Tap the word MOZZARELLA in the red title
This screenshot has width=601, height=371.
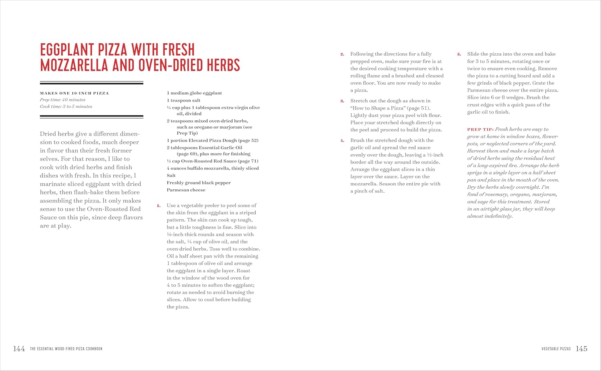pyautogui.click(x=74, y=65)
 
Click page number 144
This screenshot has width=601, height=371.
pyautogui.click(x=19, y=349)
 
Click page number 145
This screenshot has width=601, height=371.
pyautogui.click(x=581, y=349)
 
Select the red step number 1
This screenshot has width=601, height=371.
pyautogui.click(x=159, y=206)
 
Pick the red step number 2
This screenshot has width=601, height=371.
pyautogui.click(x=342, y=54)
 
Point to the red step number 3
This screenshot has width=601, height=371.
pyautogui.click(x=342, y=101)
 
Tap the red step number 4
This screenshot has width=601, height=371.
pyautogui.click(x=342, y=141)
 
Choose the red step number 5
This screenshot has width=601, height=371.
pyautogui.click(x=459, y=54)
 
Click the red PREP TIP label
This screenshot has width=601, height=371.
pyautogui.click(x=480, y=130)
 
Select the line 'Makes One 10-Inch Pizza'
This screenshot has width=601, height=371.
pyautogui.click(x=74, y=93)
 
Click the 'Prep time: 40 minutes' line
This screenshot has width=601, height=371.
pyautogui.click(x=63, y=100)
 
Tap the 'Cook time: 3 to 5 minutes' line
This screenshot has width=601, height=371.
pyautogui.click(x=66, y=107)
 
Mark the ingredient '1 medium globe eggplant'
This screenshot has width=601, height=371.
pyautogui.click(x=194, y=93)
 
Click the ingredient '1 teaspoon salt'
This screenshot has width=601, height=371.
pyautogui.click(x=184, y=100)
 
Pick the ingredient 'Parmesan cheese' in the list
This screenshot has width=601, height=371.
pyautogui.click(x=186, y=190)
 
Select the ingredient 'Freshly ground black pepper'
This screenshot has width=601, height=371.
pyautogui.click(x=199, y=183)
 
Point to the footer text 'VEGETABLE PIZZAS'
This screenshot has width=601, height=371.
pyautogui.click(x=556, y=349)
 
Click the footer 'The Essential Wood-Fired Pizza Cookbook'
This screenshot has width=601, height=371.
pyautogui.click(x=66, y=349)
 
